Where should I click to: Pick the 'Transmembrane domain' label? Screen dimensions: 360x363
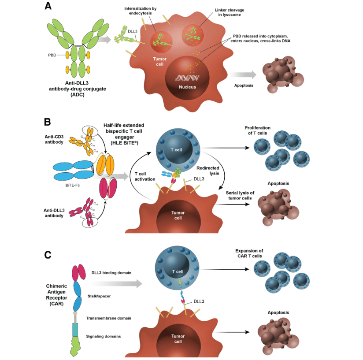point(109,318)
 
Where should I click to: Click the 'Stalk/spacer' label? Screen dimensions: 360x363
point(100,297)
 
